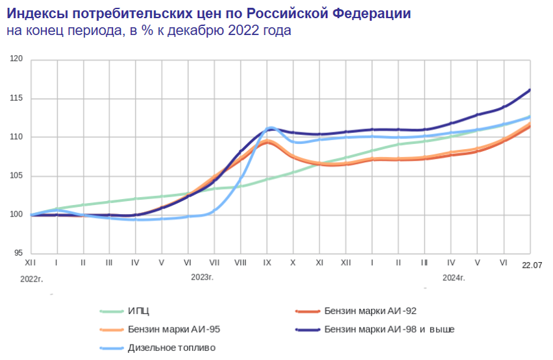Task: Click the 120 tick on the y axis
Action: click(18, 59)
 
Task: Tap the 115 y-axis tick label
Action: click(18, 98)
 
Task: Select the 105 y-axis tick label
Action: click(18, 176)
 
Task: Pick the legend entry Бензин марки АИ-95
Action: click(174, 330)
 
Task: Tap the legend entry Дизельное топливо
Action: click(171, 348)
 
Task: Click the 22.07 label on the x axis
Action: click(532, 265)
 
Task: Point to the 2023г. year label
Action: click(203, 278)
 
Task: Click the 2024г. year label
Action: click(454, 278)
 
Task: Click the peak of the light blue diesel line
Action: click(270, 127)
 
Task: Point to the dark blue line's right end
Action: click(530, 90)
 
